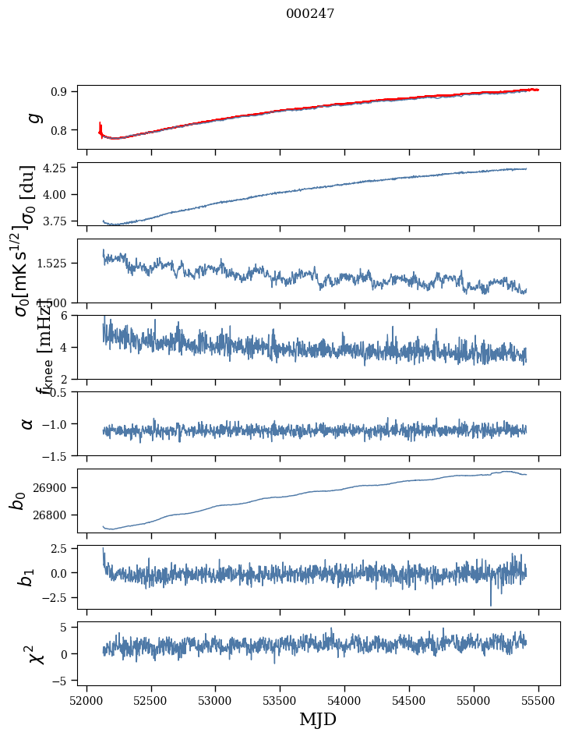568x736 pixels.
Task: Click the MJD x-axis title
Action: tap(318, 719)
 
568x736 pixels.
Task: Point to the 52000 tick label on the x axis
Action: tap(86, 700)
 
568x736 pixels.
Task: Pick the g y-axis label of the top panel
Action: tap(33, 117)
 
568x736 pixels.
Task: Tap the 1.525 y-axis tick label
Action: tap(58, 264)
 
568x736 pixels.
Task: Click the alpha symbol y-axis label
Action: tap(27, 423)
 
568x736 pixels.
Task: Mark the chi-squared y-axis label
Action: tap(35, 654)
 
